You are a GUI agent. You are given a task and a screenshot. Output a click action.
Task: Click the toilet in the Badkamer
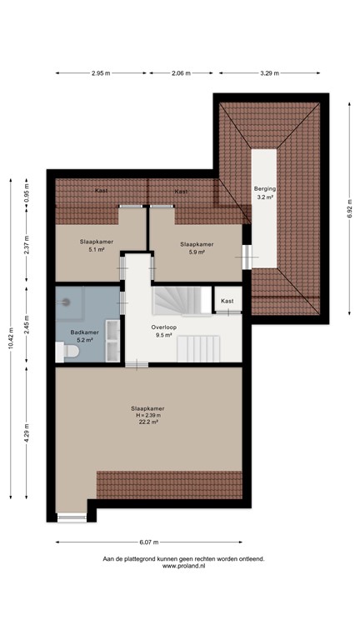(71, 353)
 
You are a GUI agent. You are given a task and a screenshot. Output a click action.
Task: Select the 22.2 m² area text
(147, 422)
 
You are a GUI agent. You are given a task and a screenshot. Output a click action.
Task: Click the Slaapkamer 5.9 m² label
(197, 248)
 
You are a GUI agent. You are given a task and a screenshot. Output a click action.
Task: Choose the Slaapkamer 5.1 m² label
(91, 244)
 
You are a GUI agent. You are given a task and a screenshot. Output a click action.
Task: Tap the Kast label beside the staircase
(227, 301)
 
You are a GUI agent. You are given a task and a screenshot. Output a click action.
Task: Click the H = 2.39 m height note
(147, 415)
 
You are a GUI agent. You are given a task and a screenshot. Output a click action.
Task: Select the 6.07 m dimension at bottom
(149, 542)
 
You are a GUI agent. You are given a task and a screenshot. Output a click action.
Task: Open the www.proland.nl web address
(183, 566)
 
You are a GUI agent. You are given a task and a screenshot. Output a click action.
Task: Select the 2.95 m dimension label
(102, 73)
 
